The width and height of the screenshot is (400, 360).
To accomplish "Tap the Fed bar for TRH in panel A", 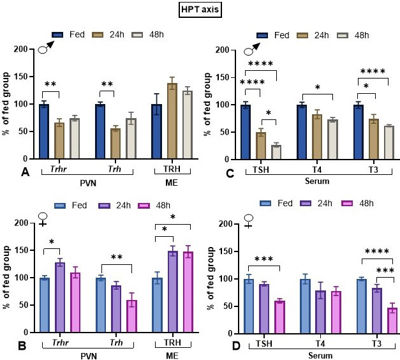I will coord(156,131).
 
